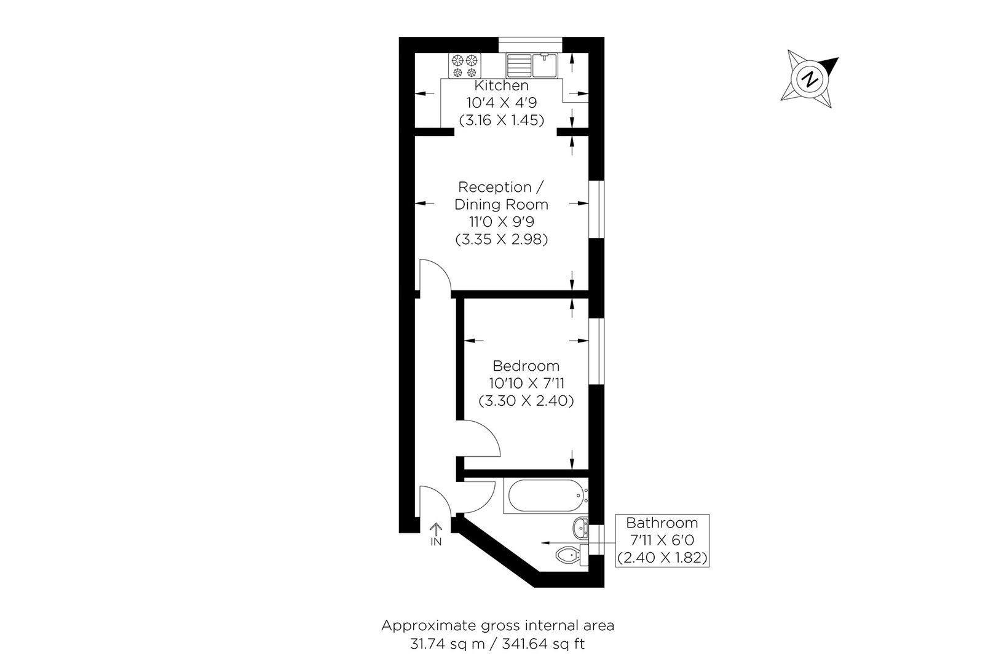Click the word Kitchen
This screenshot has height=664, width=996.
(501, 86)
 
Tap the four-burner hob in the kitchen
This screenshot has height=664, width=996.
(465, 66)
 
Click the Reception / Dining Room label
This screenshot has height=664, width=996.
(501, 195)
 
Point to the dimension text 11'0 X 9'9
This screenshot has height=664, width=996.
(501, 221)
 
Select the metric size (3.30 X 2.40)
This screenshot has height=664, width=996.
(526, 401)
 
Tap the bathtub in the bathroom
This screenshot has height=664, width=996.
(544, 497)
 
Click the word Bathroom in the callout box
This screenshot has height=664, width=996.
(662, 523)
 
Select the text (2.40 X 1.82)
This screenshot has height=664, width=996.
(662, 558)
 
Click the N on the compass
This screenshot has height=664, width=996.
(810, 79)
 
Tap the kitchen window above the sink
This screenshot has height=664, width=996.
(531, 42)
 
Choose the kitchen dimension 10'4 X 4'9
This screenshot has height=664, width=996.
(501, 103)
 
